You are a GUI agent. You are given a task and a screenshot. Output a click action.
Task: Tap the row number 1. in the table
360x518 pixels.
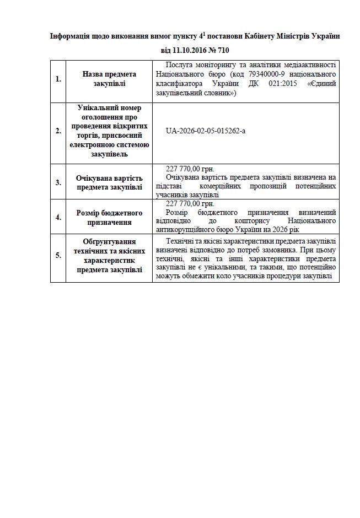tap(58, 79)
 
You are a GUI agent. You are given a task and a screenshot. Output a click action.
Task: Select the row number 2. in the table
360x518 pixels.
tap(58, 131)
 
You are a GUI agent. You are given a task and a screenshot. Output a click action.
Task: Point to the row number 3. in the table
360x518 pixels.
tap(58, 182)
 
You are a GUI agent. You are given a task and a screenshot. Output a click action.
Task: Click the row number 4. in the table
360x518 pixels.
tap(58, 217)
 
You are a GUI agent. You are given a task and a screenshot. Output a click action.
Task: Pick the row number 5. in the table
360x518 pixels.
tap(58, 255)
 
